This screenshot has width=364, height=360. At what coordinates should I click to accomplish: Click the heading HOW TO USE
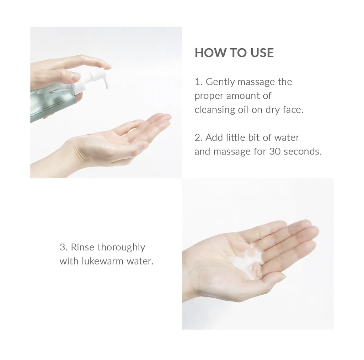pos(234,53)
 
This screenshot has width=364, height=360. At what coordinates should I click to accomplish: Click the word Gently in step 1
pos(220,82)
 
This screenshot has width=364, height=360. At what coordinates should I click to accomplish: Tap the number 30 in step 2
pos(275,152)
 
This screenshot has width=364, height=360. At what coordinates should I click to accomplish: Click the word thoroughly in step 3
pos(121,247)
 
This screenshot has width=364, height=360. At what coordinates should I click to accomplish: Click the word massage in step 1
pos(256,82)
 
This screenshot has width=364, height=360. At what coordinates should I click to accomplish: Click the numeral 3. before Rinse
pos(64,247)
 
